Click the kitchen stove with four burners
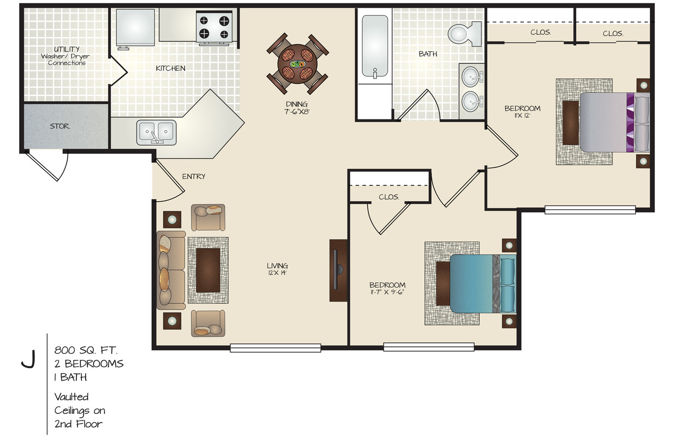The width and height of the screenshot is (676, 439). point(214,27)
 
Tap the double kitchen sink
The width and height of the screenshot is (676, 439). point(156,131)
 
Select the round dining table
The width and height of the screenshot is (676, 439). point(297,64)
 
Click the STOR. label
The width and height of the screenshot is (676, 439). point(59,126)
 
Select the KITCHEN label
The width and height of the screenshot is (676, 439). point(170,69)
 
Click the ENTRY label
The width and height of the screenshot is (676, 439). point(194,176)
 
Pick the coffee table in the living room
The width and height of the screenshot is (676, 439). point(208,269)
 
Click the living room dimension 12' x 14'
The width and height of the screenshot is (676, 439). point(277,273)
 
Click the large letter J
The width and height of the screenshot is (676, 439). point(28,359)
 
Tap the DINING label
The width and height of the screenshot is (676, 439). point(297,104)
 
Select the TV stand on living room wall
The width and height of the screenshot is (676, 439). point(337,270)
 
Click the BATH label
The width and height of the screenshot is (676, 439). point(428,54)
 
